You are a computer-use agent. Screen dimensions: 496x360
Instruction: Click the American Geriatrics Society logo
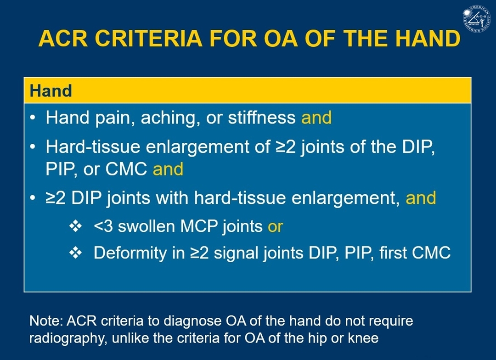[x=477, y=18]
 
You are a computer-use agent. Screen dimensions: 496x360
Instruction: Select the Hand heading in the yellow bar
[x=51, y=91]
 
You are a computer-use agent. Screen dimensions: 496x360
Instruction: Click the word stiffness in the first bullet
[x=262, y=118]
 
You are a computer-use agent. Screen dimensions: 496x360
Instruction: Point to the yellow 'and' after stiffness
[x=316, y=118]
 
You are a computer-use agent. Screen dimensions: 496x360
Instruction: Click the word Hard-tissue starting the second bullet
[x=93, y=147]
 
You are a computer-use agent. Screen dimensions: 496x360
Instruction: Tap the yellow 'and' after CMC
[x=168, y=169]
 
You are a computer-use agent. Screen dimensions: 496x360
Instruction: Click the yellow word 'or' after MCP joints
[x=275, y=227]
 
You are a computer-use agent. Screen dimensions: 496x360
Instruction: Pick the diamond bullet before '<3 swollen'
[x=75, y=226]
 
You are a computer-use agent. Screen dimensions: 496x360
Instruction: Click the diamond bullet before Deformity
[x=75, y=253]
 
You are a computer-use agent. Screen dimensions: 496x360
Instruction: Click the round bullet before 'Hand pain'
[x=33, y=118]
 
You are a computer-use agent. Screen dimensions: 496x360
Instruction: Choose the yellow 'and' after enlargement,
[x=421, y=198]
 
